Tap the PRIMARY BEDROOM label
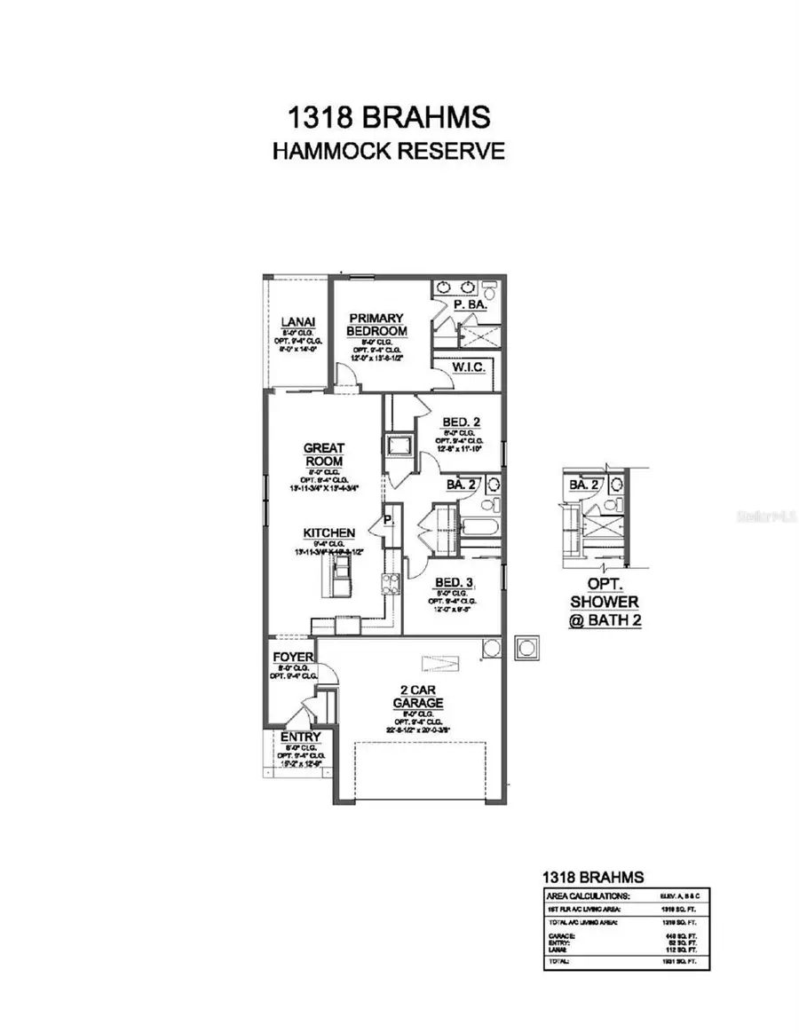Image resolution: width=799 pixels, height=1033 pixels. [x=376, y=325]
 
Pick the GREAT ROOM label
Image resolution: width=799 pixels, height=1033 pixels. [x=323, y=455]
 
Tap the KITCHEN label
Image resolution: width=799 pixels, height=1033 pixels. [x=329, y=532]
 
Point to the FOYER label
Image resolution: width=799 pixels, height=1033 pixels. [x=292, y=658]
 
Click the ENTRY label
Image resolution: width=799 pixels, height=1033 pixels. [x=301, y=737]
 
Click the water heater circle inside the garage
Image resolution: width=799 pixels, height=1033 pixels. [x=491, y=650]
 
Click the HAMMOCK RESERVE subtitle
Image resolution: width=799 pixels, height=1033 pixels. [x=388, y=150]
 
